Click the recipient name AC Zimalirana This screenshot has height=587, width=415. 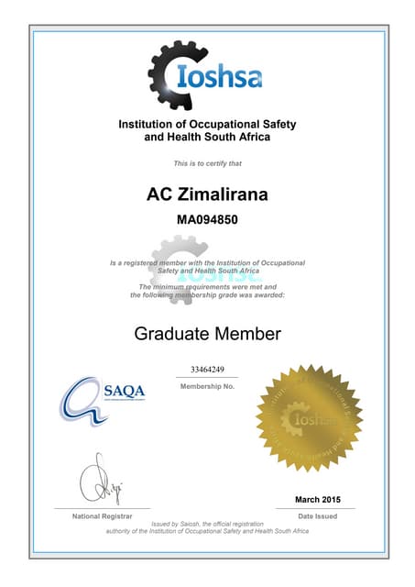coord(207,194)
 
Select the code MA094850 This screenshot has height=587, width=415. coord(207,220)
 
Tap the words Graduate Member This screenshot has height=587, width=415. coord(207,333)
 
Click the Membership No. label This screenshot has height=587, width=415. coord(207,386)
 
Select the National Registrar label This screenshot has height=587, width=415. coord(101,516)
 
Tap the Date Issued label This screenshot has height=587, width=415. coord(317,516)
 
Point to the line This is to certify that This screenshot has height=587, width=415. coord(207,163)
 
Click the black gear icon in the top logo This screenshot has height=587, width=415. coord(170,75)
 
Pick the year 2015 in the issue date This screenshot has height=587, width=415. coord(328,499)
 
